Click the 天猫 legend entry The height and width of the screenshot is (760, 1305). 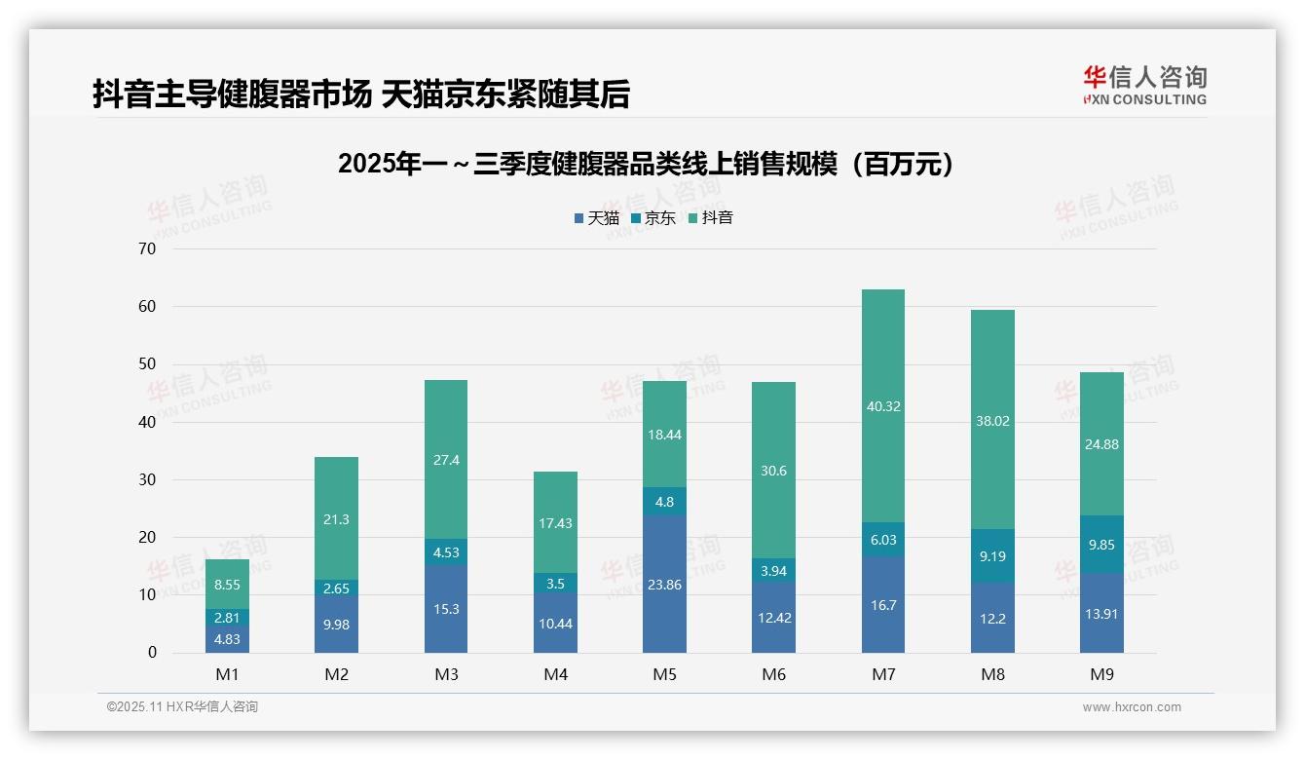click(x=597, y=218)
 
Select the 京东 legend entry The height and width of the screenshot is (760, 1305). click(x=653, y=218)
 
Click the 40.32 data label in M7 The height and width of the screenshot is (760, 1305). click(x=882, y=406)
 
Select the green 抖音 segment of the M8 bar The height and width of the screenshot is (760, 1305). click(x=992, y=420)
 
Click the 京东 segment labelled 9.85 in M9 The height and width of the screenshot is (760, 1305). click(x=1101, y=545)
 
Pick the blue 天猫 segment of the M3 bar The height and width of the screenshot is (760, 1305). click(x=446, y=609)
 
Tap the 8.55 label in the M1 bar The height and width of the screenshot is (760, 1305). click(x=227, y=585)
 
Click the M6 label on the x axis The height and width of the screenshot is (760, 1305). click(x=774, y=674)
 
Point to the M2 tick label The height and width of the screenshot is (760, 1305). click(x=337, y=674)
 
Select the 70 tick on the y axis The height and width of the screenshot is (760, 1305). click(x=147, y=248)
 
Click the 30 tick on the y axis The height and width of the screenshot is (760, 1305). click(x=147, y=479)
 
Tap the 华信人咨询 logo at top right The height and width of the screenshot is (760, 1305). click(x=1144, y=86)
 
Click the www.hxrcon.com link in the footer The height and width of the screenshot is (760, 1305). click(x=1132, y=707)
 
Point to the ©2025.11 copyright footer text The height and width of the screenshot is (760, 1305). click(x=182, y=707)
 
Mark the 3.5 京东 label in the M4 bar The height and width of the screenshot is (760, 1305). click(x=555, y=585)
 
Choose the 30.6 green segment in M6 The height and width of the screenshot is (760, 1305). click(x=774, y=471)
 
